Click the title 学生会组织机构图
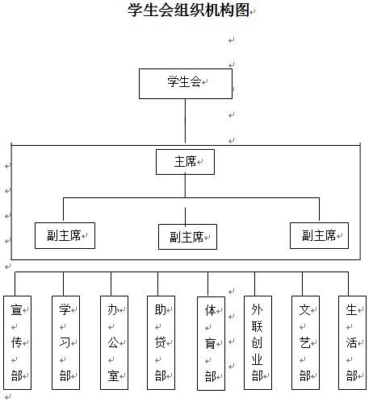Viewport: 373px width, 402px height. pos(188,10)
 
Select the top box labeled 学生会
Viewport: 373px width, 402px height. pos(186,84)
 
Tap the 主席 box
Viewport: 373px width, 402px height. pos(185,162)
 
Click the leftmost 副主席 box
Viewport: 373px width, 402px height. pos(65,235)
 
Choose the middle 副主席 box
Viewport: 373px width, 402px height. pos(187,237)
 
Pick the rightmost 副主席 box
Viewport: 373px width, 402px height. pos(319,235)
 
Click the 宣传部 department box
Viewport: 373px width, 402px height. pos(17,342)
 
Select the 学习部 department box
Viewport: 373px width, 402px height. pos(65,342)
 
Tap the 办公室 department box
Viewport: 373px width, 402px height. pos(114,342)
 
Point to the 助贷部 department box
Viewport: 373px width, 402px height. pos(161,342)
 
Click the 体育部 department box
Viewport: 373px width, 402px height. pos(211,343)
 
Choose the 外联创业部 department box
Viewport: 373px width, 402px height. pos(258,342)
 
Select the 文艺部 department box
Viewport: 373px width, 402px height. pos(305,342)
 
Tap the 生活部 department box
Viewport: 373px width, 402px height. pos(352,342)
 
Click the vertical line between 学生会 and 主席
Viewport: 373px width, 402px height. pos(185,121)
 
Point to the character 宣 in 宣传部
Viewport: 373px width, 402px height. pos(16,309)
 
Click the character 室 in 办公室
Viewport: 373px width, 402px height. pos(113,375)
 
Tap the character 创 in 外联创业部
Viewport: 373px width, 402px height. pos(257,342)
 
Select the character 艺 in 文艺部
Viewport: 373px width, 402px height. pos(304,342)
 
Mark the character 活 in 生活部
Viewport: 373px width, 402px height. pos(351,342)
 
